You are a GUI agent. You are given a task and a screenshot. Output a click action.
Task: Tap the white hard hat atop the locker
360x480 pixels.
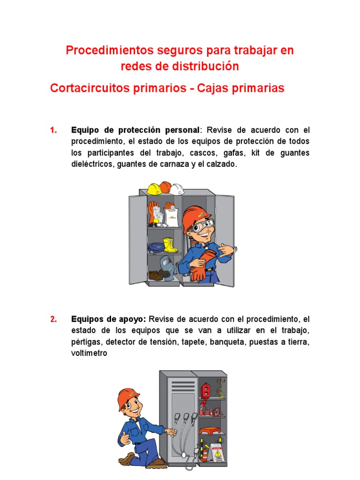[x=177, y=189]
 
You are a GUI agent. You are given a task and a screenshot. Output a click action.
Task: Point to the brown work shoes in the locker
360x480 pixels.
[x=157, y=275]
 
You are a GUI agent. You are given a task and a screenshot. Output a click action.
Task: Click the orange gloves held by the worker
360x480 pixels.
[x=202, y=265]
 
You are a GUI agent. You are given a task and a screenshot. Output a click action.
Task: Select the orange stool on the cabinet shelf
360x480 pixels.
[x=208, y=430]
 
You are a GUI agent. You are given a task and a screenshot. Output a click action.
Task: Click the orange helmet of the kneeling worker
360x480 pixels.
[x=128, y=398]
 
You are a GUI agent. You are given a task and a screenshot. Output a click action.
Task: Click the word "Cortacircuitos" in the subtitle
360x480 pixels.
[x=90, y=88]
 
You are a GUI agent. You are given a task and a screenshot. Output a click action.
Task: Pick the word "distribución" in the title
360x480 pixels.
[x=205, y=67]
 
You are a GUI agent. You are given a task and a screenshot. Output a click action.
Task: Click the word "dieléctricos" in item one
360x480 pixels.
[x=92, y=164]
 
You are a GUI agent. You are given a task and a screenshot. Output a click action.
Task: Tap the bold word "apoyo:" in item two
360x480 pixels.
[x=133, y=319]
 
